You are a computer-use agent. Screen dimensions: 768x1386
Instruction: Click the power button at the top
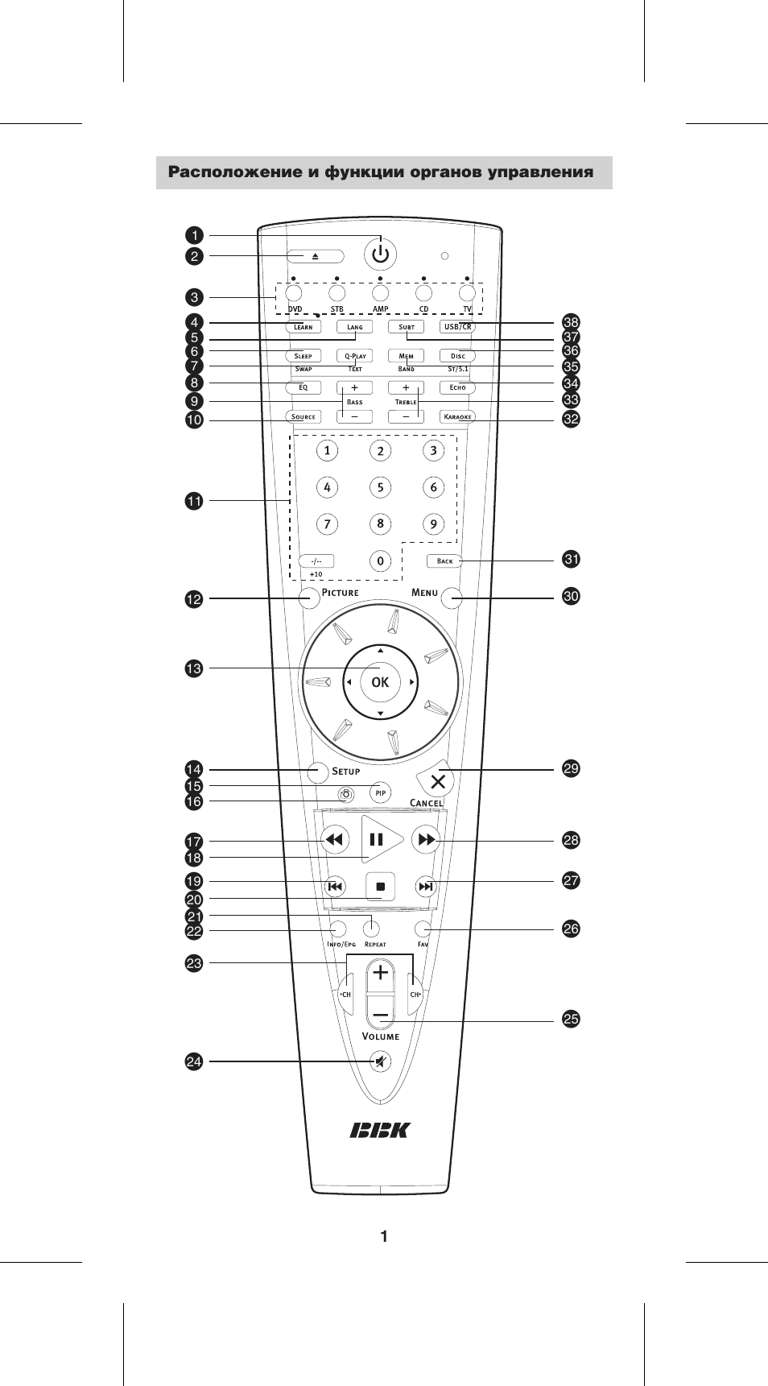click(381, 254)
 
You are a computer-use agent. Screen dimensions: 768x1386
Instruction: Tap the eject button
click(316, 256)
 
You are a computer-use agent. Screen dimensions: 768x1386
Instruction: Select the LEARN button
click(303, 327)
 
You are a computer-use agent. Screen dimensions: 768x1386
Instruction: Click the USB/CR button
click(458, 327)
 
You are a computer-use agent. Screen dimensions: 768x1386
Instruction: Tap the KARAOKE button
click(458, 417)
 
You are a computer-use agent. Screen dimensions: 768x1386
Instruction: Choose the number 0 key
click(381, 561)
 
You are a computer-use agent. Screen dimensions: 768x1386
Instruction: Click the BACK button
click(445, 561)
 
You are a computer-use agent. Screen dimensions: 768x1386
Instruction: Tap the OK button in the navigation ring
click(380, 682)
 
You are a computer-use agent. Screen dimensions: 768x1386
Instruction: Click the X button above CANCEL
click(437, 780)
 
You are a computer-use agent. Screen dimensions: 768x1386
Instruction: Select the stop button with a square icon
click(381, 887)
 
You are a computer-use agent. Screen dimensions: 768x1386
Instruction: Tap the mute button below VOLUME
click(381, 1062)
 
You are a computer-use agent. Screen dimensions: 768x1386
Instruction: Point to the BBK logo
click(380, 1131)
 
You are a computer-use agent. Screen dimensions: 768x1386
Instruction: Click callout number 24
click(194, 1061)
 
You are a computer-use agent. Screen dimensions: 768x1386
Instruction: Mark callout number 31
click(571, 560)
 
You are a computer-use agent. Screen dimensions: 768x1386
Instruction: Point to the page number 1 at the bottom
click(384, 1237)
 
